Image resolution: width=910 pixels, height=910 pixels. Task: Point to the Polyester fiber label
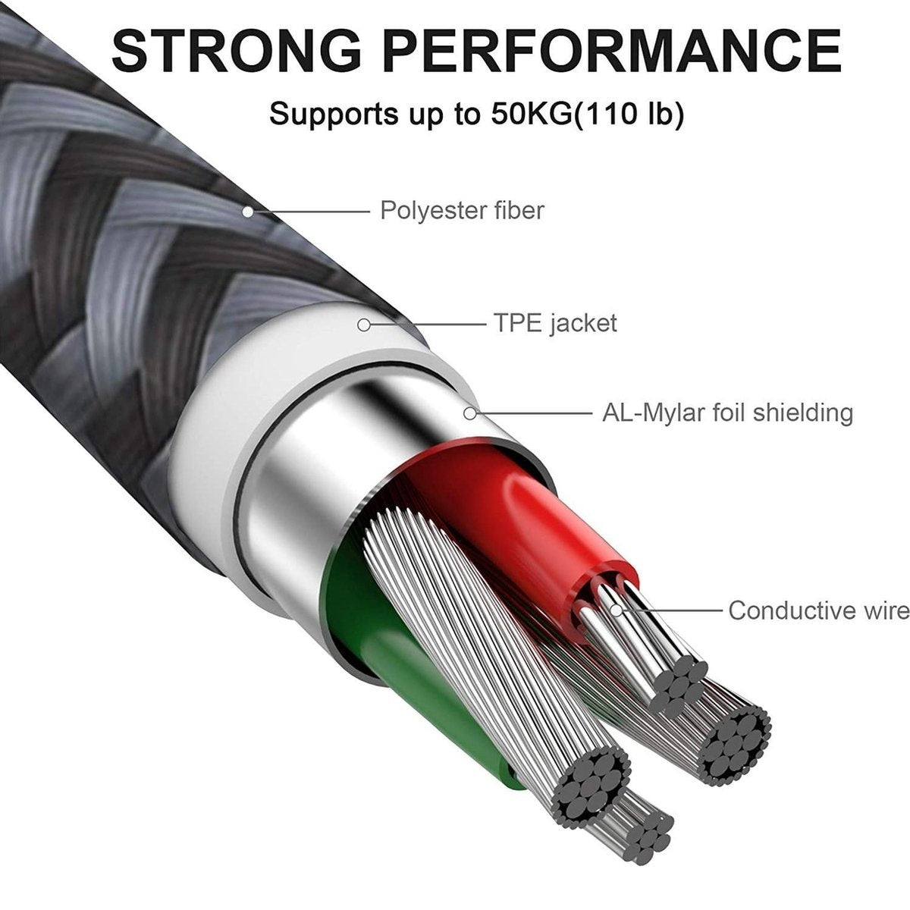pos(462,210)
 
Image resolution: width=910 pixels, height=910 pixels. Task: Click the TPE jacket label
pos(555,323)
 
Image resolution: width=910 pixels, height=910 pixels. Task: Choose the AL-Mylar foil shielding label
pos(728,413)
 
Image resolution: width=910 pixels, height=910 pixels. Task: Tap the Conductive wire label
pos(819,610)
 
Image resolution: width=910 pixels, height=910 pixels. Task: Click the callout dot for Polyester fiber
pos(247,212)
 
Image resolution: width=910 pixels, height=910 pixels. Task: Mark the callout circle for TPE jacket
pos(364,325)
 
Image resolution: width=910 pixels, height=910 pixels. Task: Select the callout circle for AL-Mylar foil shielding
pos(470,414)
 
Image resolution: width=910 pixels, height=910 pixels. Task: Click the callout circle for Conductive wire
pos(617,610)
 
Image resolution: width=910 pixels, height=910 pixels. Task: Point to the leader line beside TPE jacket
pos(428,325)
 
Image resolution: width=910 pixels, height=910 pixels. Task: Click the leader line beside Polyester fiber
pos(312,212)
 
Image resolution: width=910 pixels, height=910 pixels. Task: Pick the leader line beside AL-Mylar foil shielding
pos(534,414)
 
